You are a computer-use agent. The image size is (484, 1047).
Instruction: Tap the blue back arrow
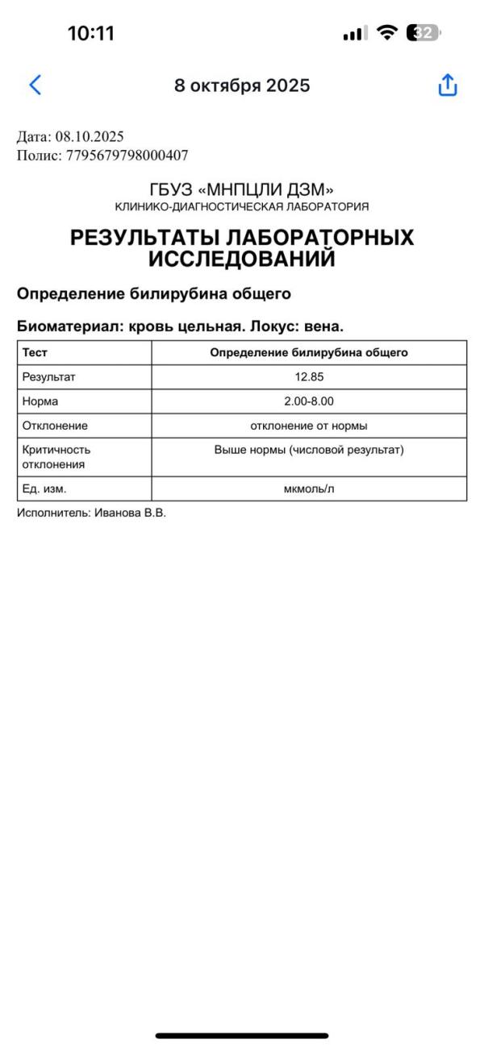point(35,85)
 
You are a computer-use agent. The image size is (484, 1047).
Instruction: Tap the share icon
point(448,85)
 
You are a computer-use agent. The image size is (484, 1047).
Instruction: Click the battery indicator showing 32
point(424,33)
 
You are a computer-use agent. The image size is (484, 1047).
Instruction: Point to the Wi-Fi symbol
point(388,33)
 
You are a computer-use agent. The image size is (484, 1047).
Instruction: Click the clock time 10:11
point(90,34)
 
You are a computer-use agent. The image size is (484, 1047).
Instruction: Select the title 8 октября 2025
point(242,85)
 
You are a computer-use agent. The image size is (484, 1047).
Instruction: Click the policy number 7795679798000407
point(127,156)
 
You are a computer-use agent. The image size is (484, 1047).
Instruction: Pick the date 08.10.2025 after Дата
point(90,137)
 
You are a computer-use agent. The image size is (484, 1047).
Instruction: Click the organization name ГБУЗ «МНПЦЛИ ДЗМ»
point(242,190)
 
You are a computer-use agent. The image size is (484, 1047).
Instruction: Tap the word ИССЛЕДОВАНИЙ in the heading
point(242,259)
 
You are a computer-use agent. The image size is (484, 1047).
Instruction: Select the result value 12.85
point(309,376)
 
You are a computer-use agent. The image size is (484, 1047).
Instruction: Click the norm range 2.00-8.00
point(309,401)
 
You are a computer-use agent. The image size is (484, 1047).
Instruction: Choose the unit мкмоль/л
point(309,488)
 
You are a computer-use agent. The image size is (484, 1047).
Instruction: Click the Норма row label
point(40,401)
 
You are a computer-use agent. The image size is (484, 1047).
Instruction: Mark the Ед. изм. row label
point(44,488)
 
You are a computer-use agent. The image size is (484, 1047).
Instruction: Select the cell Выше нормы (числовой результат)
point(309,450)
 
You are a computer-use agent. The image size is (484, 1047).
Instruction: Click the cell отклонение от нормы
point(309,426)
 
